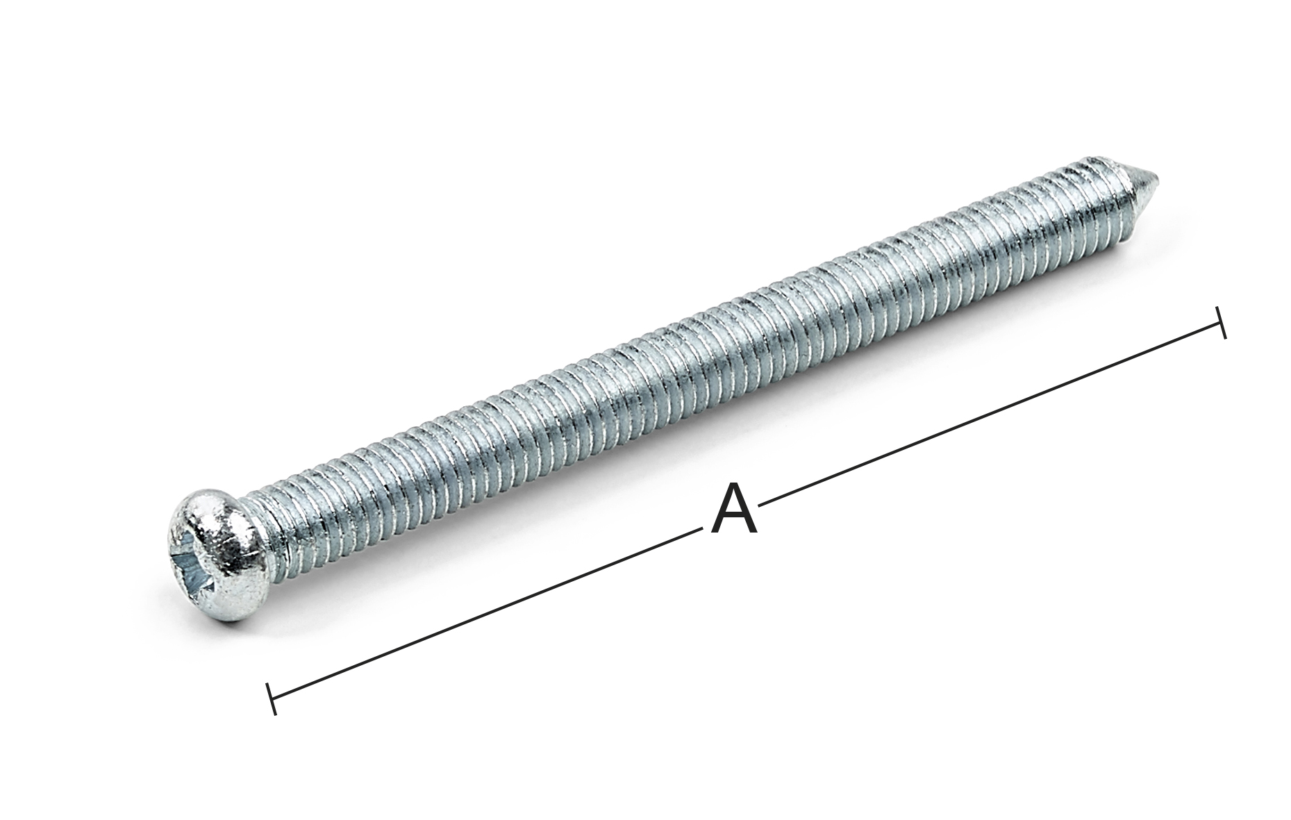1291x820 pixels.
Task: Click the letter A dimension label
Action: (x=734, y=510)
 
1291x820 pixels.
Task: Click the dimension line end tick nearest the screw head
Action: (x=272, y=698)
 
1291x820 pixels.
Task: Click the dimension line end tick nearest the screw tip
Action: (x=1220, y=322)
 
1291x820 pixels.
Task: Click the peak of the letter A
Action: (x=734, y=487)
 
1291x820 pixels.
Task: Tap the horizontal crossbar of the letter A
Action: (x=734, y=517)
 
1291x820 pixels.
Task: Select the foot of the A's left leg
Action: (x=715, y=533)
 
